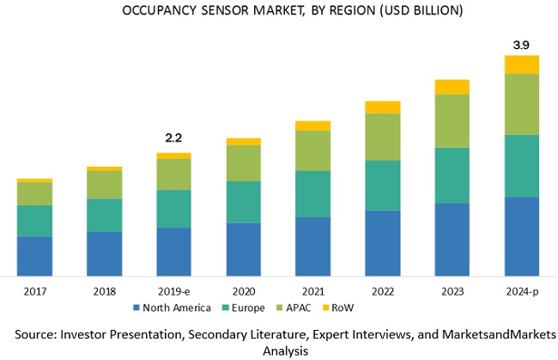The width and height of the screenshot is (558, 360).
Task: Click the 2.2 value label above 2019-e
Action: pyautogui.click(x=173, y=137)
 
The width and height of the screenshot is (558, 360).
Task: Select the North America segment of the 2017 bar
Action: pyautogui.click(x=34, y=255)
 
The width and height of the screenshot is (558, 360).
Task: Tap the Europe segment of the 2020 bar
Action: pyautogui.click(x=243, y=202)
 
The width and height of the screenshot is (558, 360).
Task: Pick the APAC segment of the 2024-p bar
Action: pyautogui.click(x=521, y=104)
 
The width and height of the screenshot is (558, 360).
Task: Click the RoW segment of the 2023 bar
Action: pyautogui.click(x=452, y=86)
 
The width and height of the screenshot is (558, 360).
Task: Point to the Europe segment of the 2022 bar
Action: pyautogui.click(x=382, y=185)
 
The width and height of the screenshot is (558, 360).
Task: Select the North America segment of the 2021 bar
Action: pyautogui.click(x=312, y=246)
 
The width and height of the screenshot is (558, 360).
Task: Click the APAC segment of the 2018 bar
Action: pyautogui.click(x=104, y=185)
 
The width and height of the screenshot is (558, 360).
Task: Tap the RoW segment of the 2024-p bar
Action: pyautogui.click(x=521, y=64)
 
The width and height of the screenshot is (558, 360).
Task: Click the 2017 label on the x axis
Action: pyautogui.click(x=34, y=290)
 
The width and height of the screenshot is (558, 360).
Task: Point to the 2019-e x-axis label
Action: pyautogui.click(x=173, y=290)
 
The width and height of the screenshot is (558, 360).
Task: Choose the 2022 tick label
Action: pyautogui.click(x=382, y=290)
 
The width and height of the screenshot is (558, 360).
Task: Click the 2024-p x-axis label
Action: pyautogui.click(x=521, y=290)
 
